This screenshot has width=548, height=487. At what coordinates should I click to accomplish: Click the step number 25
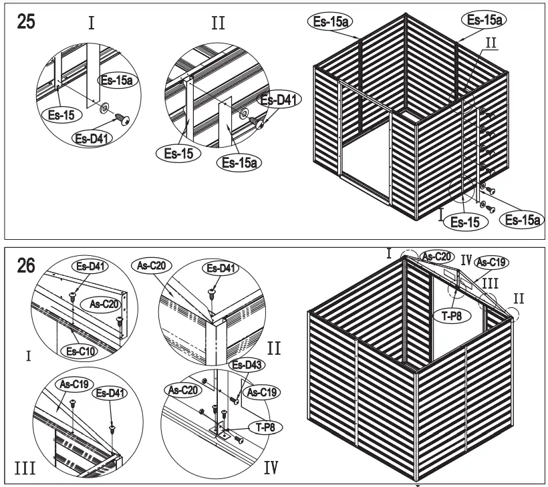coord(27,20)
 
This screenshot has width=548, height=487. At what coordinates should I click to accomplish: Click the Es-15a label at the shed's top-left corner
coord(329,21)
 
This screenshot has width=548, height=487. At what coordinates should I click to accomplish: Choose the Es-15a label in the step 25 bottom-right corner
coord(523,219)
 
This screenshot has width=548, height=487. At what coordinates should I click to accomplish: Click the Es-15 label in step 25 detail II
coord(180,152)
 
